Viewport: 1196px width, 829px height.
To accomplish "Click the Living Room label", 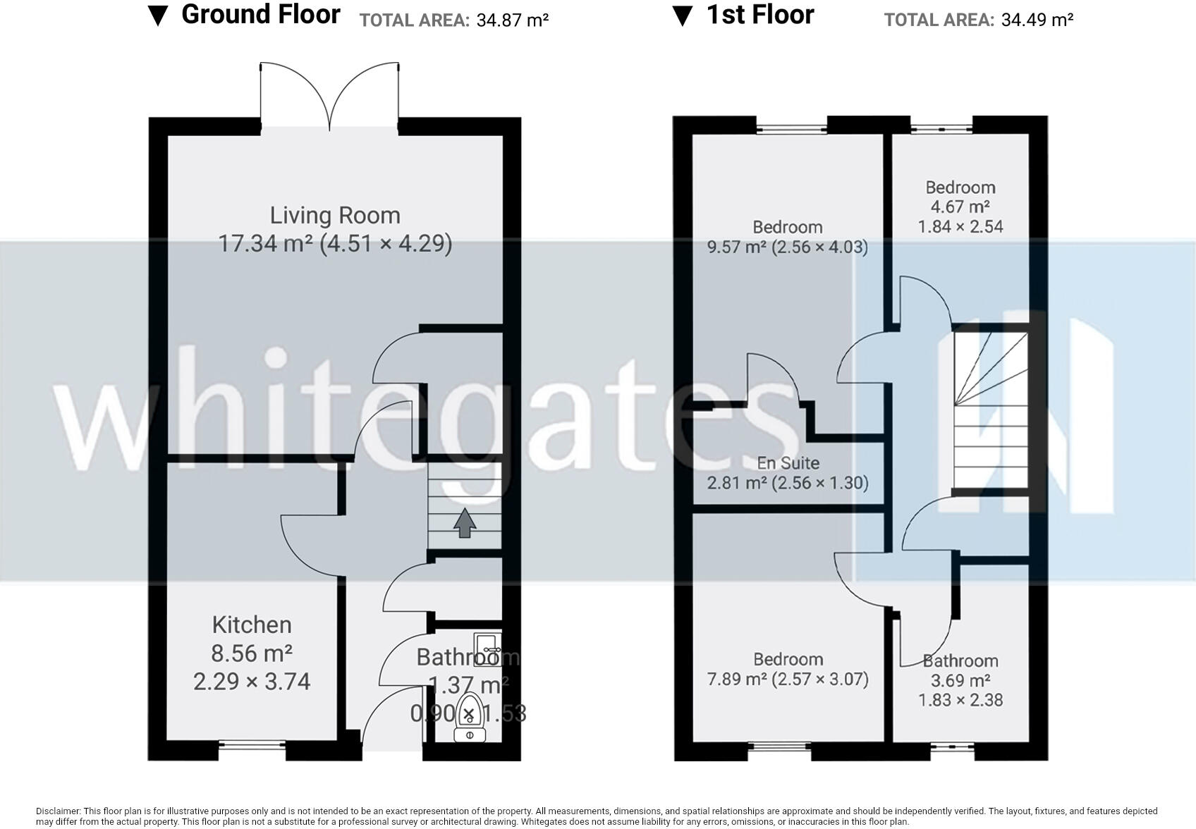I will [x=335, y=215].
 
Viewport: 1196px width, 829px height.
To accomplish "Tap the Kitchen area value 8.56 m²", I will [x=252, y=653].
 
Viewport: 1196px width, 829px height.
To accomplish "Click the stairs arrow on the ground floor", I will [x=464, y=522].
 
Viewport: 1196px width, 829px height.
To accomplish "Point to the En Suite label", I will [x=788, y=463].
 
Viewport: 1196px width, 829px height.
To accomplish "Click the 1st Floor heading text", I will [x=760, y=15].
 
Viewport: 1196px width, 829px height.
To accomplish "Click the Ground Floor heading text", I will [x=260, y=15].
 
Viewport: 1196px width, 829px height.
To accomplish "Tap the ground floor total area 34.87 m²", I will [x=512, y=20].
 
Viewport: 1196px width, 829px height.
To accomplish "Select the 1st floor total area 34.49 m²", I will [x=1037, y=20].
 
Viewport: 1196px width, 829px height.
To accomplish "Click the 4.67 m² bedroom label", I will [x=960, y=207].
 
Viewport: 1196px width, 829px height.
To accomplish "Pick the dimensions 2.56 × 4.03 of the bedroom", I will [x=819, y=247].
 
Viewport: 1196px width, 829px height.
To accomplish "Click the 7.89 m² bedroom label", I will [x=788, y=659].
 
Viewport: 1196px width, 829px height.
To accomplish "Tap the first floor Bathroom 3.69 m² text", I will [x=960, y=680].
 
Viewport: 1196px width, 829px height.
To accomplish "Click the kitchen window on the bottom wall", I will [x=252, y=744].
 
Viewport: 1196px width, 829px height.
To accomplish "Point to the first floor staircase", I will [x=989, y=409].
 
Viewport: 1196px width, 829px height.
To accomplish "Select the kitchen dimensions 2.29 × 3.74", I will [x=252, y=682].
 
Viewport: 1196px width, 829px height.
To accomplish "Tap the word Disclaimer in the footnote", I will [x=58, y=811].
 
